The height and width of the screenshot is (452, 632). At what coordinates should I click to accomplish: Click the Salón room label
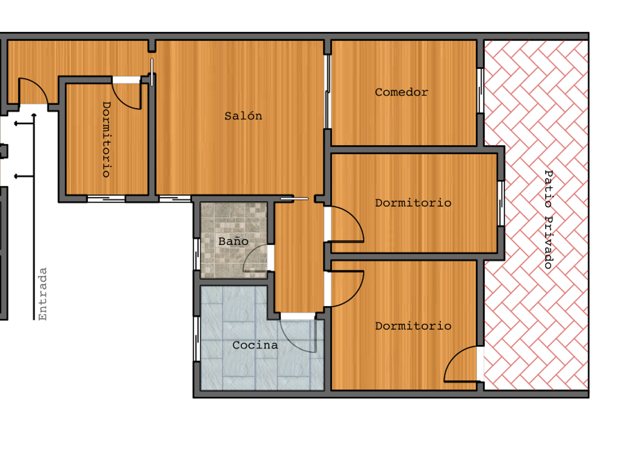[243, 116]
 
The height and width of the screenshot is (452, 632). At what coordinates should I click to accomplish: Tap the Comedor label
[402, 92]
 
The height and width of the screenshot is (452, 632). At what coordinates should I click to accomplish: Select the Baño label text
[233, 241]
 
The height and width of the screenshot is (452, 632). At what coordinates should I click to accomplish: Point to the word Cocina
[255, 345]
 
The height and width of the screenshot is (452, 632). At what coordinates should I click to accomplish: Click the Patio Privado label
[548, 220]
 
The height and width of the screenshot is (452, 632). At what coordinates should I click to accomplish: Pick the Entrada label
[43, 294]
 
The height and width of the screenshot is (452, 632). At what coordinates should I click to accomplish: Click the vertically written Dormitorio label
[107, 140]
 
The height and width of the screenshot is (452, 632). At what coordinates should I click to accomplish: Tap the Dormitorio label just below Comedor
[413, 203]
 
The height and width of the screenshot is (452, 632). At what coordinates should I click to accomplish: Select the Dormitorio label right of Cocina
[413, 326]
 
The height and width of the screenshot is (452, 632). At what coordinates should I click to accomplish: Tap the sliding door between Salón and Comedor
[327, 92]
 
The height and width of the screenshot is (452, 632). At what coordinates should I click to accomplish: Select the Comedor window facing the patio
[480, 91]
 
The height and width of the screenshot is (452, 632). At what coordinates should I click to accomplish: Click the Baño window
[197, 254]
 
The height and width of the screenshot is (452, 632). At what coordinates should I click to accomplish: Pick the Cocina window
[197, 339]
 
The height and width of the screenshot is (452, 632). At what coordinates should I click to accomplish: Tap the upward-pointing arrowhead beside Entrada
[34, 116]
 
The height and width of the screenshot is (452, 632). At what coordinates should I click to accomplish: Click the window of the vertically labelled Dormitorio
[106, 199]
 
